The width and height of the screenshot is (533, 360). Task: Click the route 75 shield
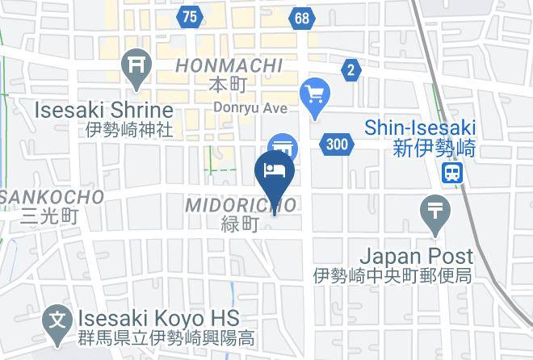click(190, 17)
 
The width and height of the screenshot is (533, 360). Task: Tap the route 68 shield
click(302, 17)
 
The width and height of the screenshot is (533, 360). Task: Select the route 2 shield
click(350, 70)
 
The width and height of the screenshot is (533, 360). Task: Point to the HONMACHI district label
click(229, 65)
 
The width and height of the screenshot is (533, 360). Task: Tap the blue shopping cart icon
click(313, 94)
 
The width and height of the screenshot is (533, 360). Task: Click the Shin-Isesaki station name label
click(420, 128)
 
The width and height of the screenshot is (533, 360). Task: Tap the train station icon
click(453, 171)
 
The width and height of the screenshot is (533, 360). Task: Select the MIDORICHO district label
click(241, 205)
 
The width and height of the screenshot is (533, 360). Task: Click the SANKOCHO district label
click(51, 196)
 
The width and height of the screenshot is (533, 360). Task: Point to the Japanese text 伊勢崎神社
click(130, 129)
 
